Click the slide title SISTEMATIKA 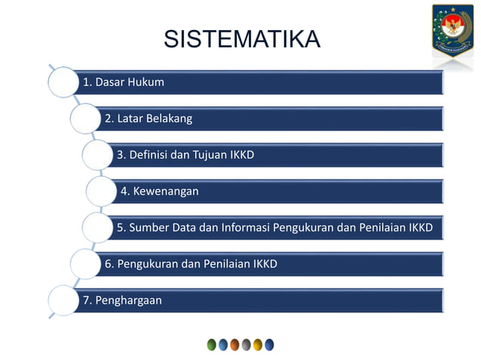point(241,38)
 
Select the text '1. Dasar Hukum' point(123,82)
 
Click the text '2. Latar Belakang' point(149,118)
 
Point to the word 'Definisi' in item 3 point(148,155)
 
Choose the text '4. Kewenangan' point(160,191)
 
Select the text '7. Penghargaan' point(121,301)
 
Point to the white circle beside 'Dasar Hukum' point(62,81)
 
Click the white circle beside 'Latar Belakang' point(87,118)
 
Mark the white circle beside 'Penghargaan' point(62,301)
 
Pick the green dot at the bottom point(212,345)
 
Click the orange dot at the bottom point(234,345)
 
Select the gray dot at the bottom point(246,345)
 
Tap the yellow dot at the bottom point(258,345)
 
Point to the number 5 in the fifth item point(121,227)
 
